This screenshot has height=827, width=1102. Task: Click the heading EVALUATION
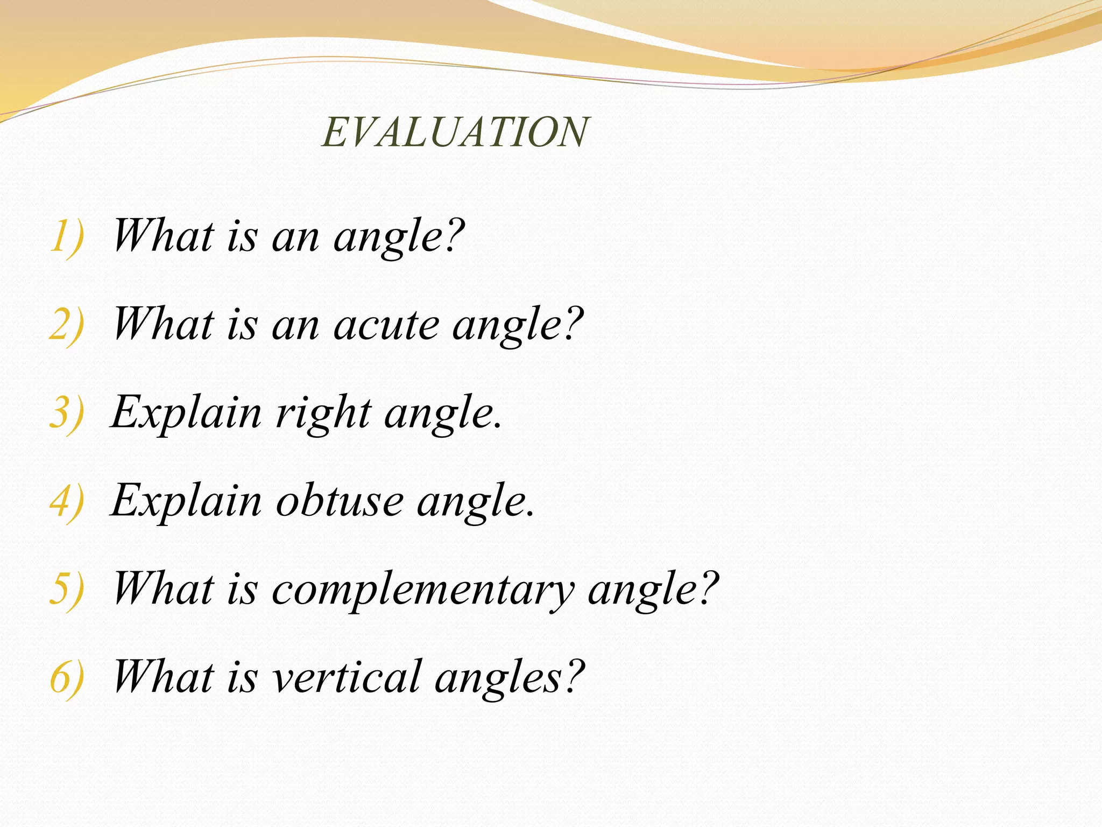455,132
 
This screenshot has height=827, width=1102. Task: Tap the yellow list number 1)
67,237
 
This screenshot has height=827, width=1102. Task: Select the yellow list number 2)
67,325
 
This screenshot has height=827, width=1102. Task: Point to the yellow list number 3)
67,413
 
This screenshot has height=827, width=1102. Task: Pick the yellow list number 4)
67,502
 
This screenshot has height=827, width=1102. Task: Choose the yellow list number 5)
67,590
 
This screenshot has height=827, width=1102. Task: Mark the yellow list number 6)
67,678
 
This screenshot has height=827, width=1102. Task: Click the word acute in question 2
386,325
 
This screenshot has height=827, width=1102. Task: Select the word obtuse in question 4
340,502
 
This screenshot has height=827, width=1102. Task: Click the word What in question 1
164,237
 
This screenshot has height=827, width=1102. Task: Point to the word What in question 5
164,590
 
